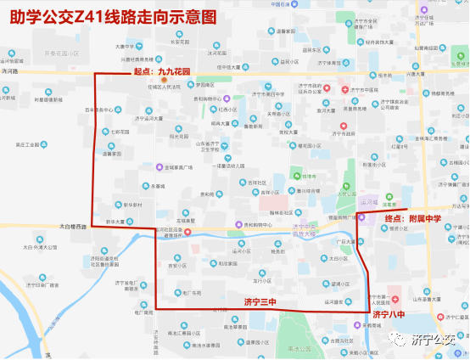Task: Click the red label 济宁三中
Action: pos(260,302)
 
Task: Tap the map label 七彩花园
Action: pos(120,132)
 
